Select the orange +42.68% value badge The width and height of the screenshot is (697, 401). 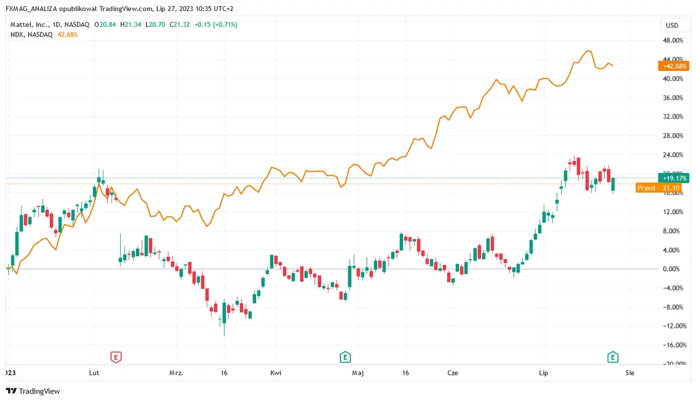[x=673, y=66]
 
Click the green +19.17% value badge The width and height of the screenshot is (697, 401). [x=673, y=178]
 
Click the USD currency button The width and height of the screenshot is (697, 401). [x=671, y=25]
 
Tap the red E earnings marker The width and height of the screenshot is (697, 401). [x=116, y=356]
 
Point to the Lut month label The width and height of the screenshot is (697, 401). [x=94, y=372]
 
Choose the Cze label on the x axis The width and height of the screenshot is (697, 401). [x=452, y=372]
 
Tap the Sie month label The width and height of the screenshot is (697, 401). [x=629, y=372]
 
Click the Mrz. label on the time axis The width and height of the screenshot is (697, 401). [x=176, y=372]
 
